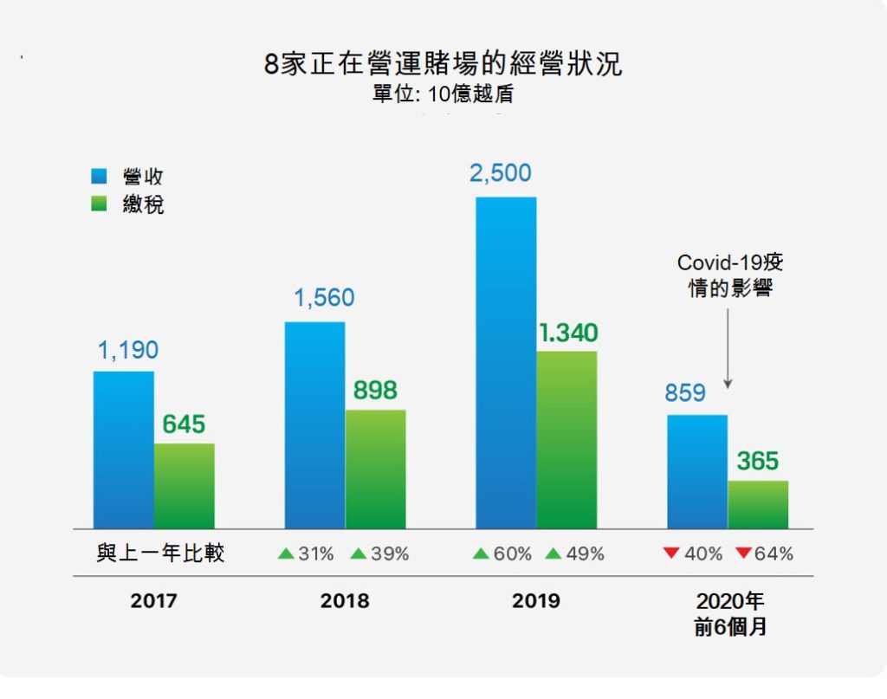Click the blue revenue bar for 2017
[124, 450]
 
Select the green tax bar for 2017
[185, 486]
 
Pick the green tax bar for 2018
[375, 469]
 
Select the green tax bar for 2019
[567, 439]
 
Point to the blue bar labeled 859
[696, 471]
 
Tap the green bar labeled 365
[758, 504]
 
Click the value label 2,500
[500, 172]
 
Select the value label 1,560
[323, 298]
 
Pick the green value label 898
[375, 391]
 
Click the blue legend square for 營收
[100, 177]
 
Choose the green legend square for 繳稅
[100, 205]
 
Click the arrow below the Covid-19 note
[728, 346]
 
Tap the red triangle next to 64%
[742, 553]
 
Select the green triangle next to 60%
[481, 553]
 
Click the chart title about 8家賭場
[443, 65]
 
